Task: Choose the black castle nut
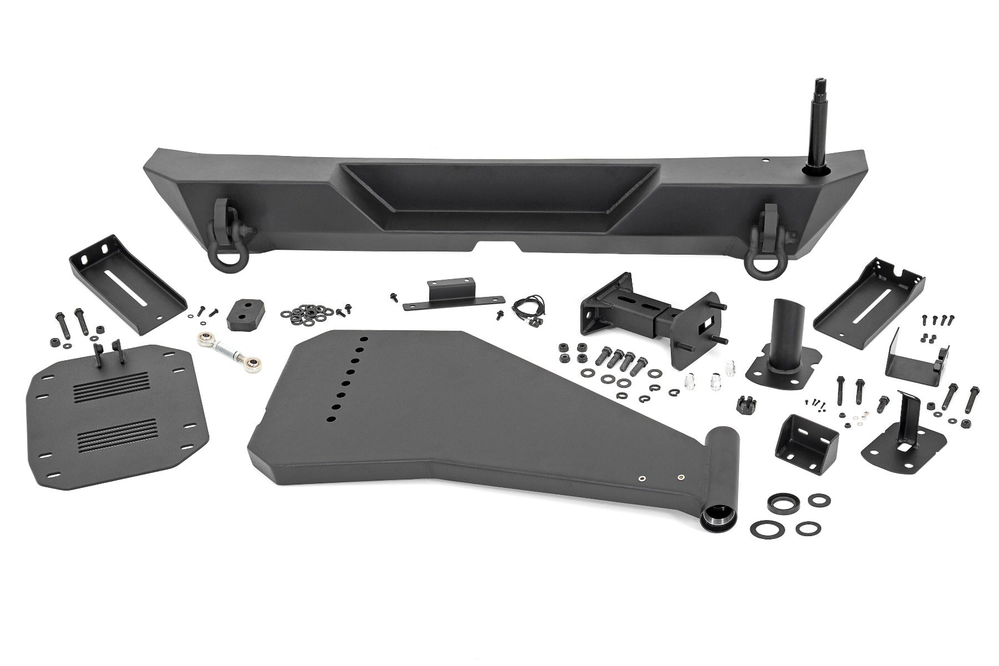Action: point(747,405)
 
